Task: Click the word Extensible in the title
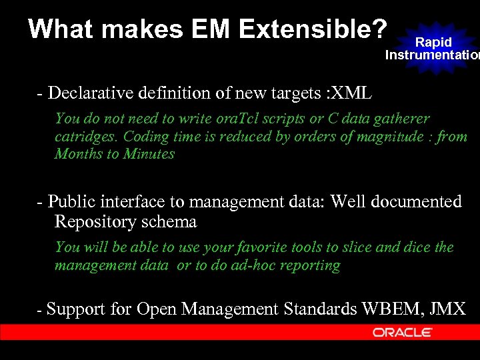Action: (x=312, y=29)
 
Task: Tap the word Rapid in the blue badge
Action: (x=433, y=42)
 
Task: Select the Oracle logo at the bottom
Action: (x=403, y=332)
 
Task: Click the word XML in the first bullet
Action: (x=351, y=93)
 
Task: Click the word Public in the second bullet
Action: (x=71, y=202)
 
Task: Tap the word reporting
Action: (x=312, y=265)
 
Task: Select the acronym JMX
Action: (x=448, y=309)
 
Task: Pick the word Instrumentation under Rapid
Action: (x=431, y=55)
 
